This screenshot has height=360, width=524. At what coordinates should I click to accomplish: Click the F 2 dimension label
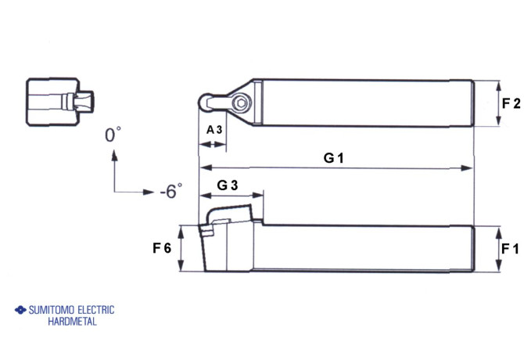click(x=511, y=103)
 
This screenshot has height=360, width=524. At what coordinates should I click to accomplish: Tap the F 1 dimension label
click(x=511, y=249)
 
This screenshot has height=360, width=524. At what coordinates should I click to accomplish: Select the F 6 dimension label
click(x=162, y=249)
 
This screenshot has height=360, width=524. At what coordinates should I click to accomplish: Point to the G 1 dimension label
click(x=334, y=157)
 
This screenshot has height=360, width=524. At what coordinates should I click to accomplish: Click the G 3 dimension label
click(x=228, y=185)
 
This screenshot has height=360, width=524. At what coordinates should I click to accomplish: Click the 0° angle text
click(x=114, y=135)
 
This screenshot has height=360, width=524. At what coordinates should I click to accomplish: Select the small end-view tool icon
click(x=59, y=101)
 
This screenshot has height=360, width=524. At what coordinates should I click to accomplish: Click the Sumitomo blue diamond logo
click(x=20, y=310)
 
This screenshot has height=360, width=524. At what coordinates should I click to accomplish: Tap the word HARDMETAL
click(x=72, y=322)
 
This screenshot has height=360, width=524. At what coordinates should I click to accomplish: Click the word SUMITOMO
click(x=56, y=310)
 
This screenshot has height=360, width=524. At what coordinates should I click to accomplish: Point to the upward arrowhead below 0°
click(x=115, y=155)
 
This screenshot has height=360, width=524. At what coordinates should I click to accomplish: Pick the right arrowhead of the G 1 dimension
click(x=468, y=167)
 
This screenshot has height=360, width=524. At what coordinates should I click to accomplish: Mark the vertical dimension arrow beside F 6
click(x=181, y=249)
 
